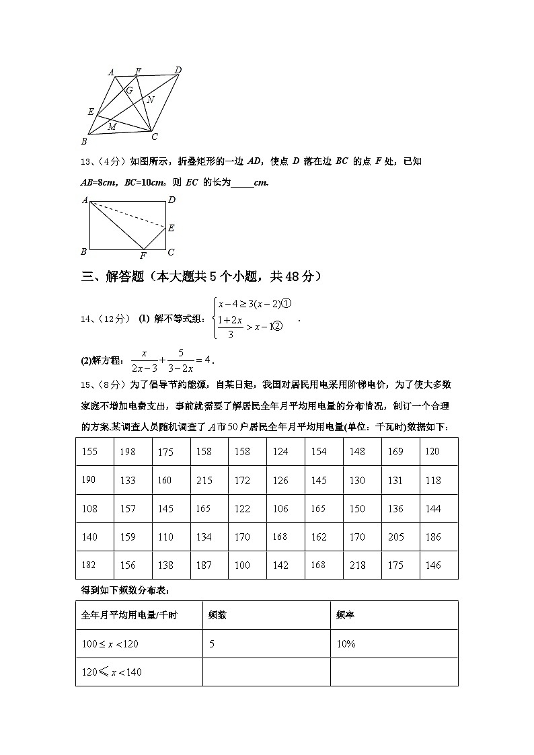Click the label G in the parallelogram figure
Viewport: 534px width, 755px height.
click(x=129, y=90)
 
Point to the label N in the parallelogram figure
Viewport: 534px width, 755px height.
click(x=151, y=100)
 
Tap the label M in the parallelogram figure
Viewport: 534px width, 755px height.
click(x=112, y=126)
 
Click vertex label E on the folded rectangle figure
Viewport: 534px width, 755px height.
click(x=171, y=228)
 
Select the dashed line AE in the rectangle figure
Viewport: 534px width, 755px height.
click(x=128, y=214)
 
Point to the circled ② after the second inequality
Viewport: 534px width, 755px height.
click(x=276, y=327)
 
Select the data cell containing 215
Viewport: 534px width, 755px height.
click(x=204, y=481)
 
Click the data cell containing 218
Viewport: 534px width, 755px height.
click(x=357, y=565)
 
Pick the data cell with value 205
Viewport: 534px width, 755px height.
click(x=395, y=537)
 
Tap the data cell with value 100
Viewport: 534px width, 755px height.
click(x=242, y=565)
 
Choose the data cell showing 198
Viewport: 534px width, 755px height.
click(x=127, y=452)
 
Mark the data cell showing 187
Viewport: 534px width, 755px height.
click(x=204, y=565)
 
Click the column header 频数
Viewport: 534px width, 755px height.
click(x=217, y=614)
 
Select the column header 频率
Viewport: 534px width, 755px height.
click(x=346, y=614)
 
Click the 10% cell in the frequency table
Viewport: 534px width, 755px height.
click(x=346, y=644)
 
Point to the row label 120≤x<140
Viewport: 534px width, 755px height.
click(x=112, y=672)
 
